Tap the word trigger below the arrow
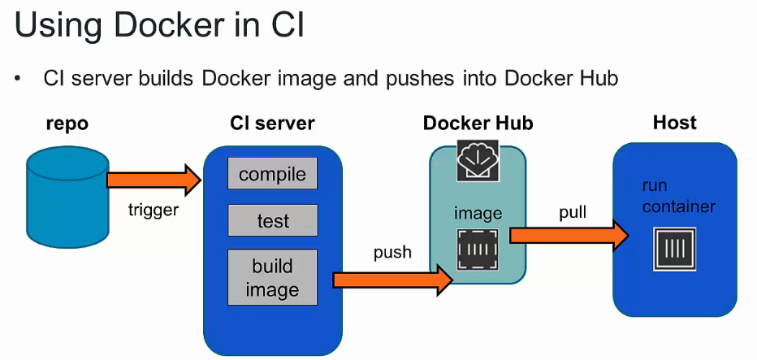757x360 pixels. coord(154,210)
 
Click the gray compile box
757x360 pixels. coord(272,174)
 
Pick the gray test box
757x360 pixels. coord(272,221)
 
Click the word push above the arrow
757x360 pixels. coord(392,252)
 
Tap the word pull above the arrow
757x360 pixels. coord(572,213)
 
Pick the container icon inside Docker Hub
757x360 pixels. coord(477,249)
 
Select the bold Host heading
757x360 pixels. coord(674,123)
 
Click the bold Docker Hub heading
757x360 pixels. coord(478,124)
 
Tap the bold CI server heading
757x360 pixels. coord(272,124)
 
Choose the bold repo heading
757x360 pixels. coord(67,124)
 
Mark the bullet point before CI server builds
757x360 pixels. coord(17,79)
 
